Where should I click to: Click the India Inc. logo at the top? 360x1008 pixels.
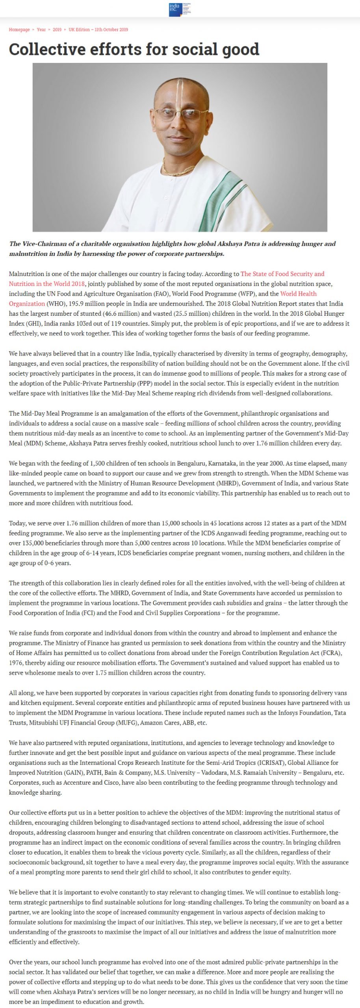coord(180,9)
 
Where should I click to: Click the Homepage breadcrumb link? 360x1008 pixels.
coord(19,30)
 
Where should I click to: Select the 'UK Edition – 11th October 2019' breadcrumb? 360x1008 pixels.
coord(98,30)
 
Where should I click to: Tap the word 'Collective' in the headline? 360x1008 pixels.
coord(47,50)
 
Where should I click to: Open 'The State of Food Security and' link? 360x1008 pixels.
coord(282,274)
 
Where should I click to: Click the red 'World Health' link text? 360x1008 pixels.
coord(298,294)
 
